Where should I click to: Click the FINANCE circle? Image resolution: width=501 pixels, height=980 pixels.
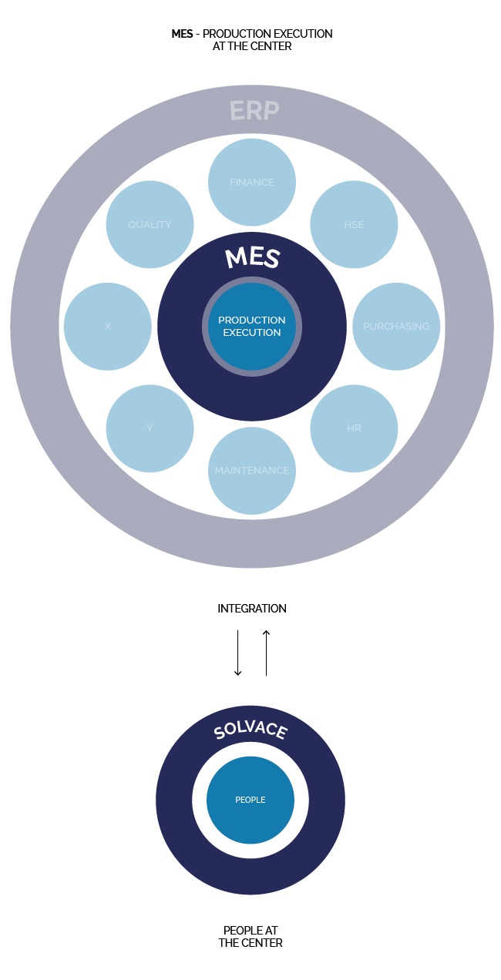click(x=252, y=182)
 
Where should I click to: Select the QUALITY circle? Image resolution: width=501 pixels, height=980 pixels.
click(x=150, y=224)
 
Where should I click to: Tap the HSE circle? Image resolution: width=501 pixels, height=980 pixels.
click(x=354, y=224)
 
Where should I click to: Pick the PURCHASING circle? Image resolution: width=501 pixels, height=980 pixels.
click(x=396, y=326)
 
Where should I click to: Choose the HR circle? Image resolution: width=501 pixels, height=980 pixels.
click(x=354, y=428)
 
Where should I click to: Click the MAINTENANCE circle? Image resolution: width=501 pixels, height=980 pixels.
click(x=252, y=470)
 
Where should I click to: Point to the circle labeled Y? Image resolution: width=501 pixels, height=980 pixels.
click(x=150, y=428)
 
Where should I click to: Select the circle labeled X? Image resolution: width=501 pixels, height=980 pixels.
click(x=108, y=326)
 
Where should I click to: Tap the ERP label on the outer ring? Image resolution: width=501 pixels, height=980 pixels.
click(x=254, y=111)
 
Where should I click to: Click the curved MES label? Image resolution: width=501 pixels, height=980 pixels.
click(x=252, y=258)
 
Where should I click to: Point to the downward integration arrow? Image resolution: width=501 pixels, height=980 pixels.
click(x=238, y=653)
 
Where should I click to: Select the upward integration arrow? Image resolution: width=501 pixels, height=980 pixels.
click(x=266, y=653)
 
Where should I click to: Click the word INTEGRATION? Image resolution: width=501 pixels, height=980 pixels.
click(x=252, y=609)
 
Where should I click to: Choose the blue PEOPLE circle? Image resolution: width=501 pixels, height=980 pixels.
click(x=250, y=800)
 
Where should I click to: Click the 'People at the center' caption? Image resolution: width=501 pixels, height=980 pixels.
click(x=251, y=936)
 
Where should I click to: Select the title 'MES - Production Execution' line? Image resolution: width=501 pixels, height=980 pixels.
click(x=252, y=34)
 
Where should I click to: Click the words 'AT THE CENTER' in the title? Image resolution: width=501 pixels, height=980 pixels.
click(x=252, y=46)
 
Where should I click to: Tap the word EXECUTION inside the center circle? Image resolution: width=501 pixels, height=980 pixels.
click(x=252, y=333)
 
